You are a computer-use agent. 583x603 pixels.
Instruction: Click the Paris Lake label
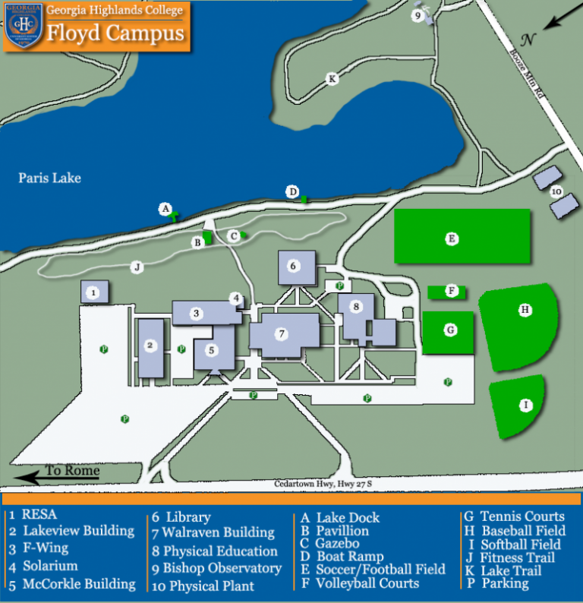coord(49,178)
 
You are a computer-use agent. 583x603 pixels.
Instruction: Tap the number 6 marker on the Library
coord(293,266)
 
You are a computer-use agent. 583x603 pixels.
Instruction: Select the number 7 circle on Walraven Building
coord(281,333)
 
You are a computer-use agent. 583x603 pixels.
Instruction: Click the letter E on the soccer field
coord(452,238)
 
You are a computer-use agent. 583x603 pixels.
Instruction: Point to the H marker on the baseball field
coord(524,309)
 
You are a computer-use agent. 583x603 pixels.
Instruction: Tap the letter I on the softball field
coord(525,406)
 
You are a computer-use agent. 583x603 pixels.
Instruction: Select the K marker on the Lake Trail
coord(331,78)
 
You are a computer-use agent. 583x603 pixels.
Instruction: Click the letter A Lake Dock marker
coord(165,208)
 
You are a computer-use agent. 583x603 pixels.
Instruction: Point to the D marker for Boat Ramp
coord(293,191)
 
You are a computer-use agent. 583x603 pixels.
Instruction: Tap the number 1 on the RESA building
coord(93,292)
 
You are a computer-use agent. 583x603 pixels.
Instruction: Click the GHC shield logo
coord(22,26)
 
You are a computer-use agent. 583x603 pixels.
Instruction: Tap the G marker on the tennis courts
coord(450,330)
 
